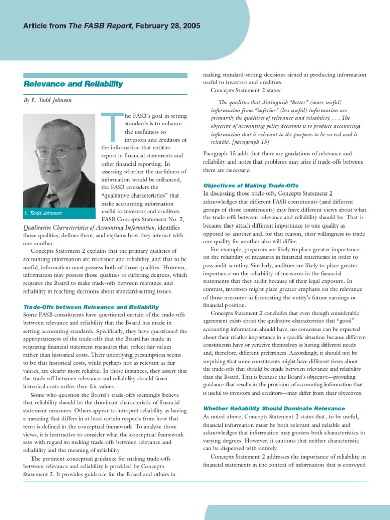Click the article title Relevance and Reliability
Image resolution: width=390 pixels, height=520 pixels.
pos(73,84)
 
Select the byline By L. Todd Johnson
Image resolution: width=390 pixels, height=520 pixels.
pos(48,100)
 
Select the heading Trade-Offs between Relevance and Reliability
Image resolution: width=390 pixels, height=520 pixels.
pos(91,307)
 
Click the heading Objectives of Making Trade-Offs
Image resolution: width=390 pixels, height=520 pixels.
pos(250,186)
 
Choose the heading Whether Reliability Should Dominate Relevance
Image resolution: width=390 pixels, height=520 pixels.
pos(274,408)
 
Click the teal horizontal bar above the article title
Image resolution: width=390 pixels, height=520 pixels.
pos(105,75)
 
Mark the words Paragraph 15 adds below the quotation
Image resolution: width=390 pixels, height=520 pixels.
pos(225,154)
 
